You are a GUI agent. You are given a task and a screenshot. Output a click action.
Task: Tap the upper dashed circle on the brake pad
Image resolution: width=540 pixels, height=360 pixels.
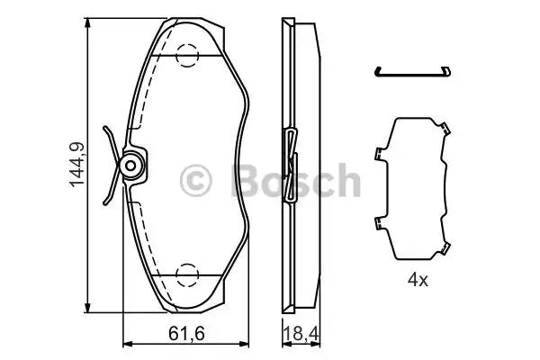(x=188, y=55)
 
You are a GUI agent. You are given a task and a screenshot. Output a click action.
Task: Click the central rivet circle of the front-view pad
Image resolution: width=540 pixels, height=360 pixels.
(x=132, y=166)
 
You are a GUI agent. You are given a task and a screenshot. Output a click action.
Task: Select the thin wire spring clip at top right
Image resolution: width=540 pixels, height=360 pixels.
(x=414, y=71)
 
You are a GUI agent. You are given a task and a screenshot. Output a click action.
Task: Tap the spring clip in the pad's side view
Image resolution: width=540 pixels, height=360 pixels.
(x=291, y=166)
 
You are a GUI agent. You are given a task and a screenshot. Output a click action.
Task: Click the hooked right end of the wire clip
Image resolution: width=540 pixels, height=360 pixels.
(x=447, y=69)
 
